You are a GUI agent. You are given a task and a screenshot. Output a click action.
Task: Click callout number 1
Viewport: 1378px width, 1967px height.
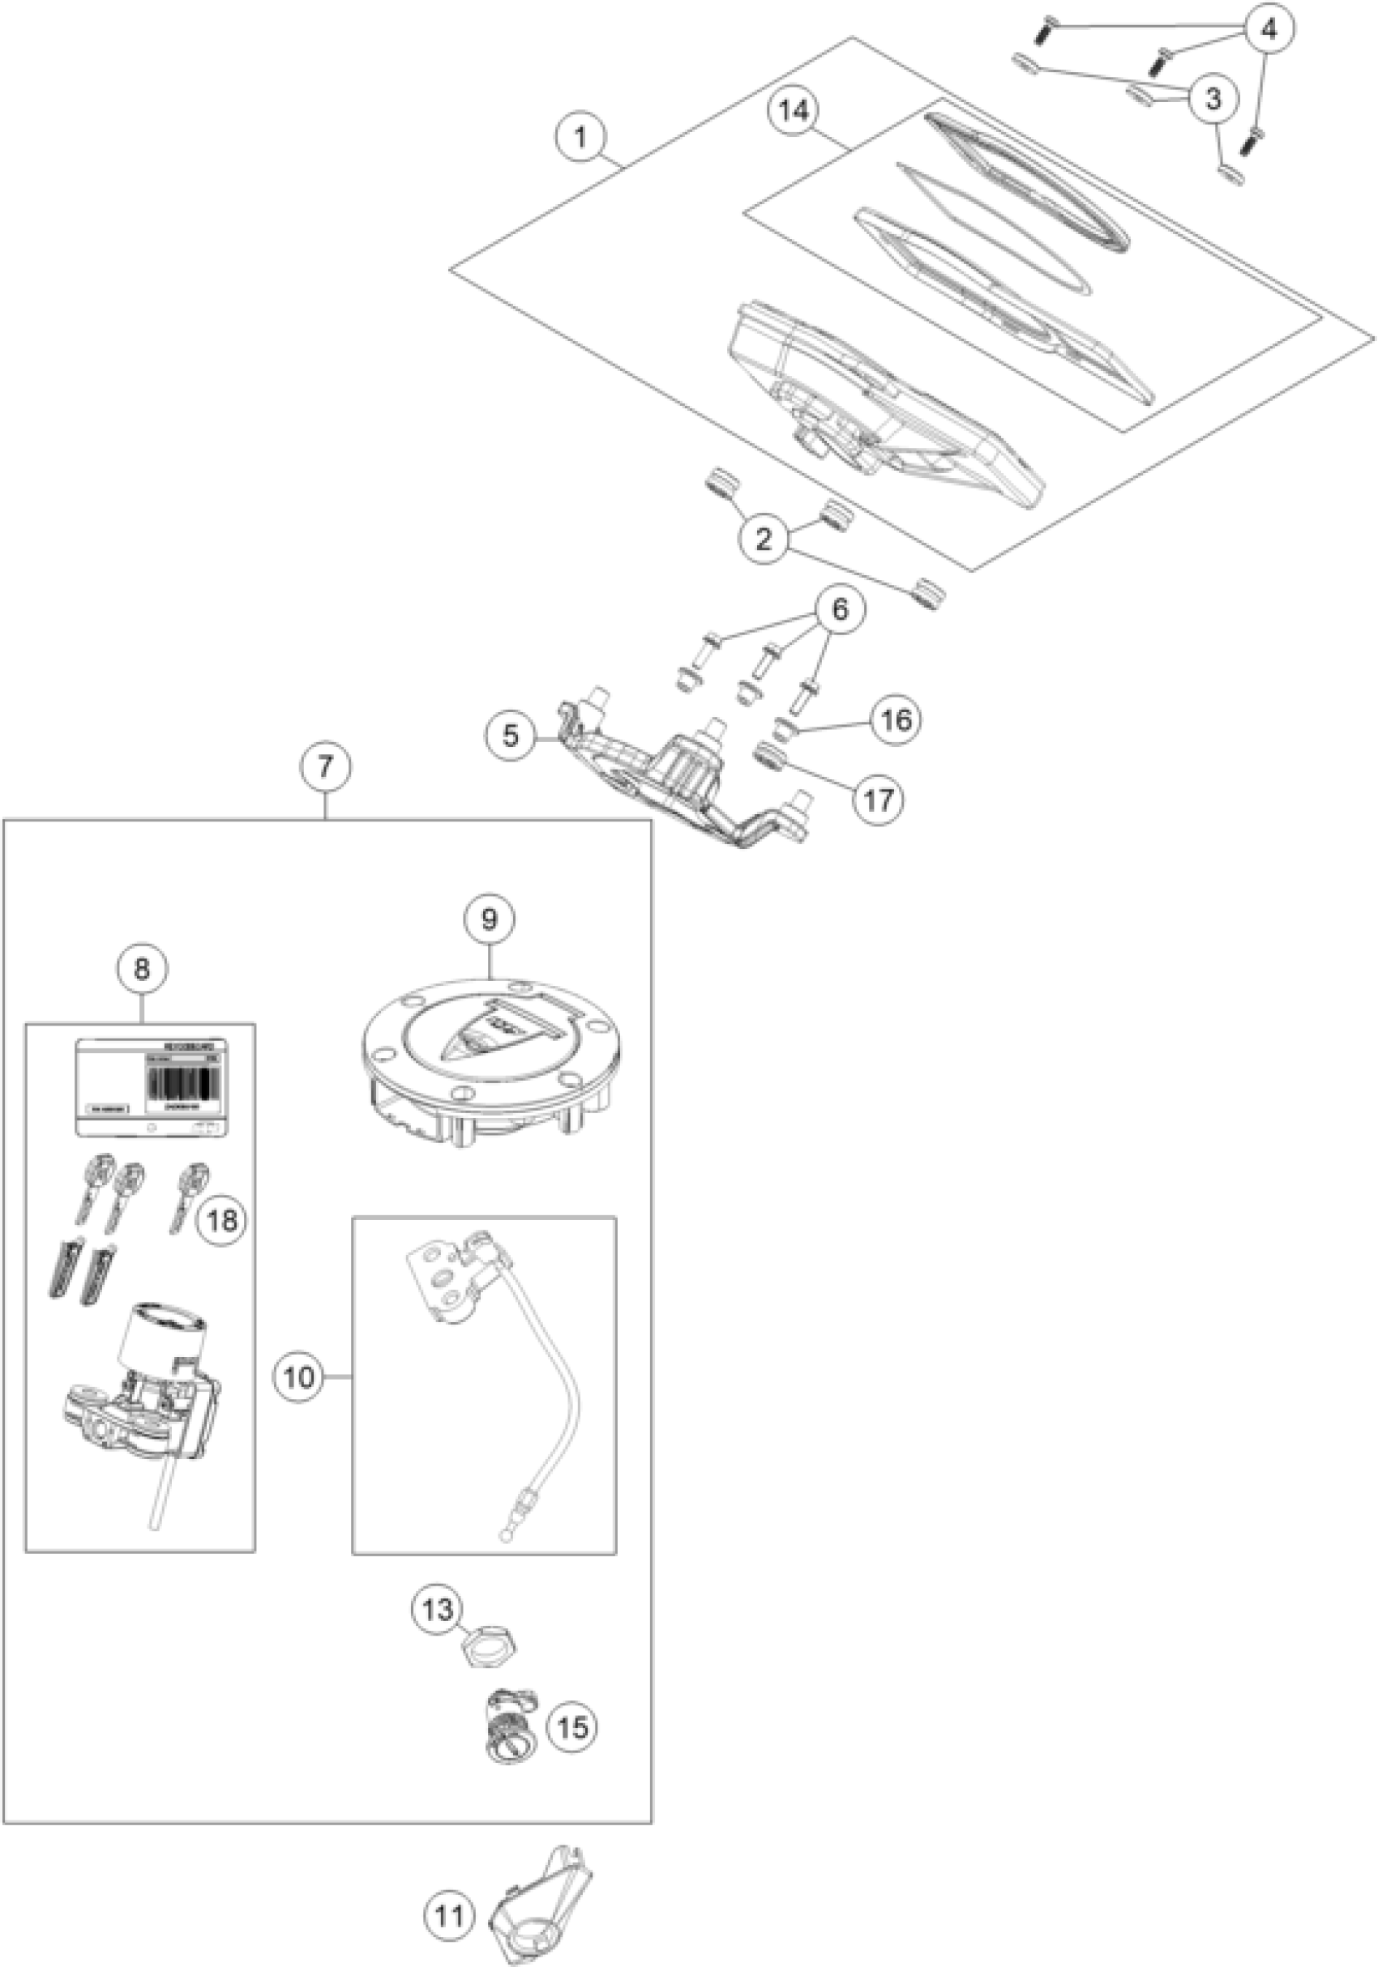point(580,137)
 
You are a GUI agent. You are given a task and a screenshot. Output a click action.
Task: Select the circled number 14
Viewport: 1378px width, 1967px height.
point(794,113)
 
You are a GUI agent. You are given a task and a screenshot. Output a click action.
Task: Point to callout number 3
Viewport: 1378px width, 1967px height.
point(1212,99)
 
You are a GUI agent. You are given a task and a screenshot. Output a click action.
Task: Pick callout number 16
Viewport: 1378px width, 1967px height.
point(897,719)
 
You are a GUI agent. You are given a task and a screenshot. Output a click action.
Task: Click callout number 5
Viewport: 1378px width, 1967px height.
point(511,736)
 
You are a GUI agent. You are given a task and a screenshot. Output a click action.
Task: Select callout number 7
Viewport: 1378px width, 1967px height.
point(326,765)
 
